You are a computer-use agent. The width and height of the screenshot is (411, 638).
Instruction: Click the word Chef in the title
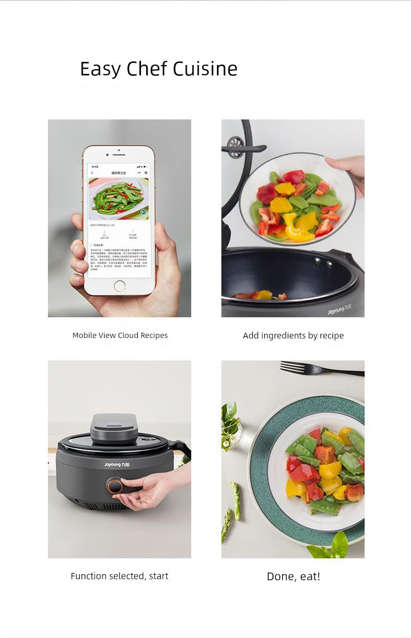[147, 69]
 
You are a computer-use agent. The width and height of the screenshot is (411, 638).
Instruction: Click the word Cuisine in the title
[205, 69]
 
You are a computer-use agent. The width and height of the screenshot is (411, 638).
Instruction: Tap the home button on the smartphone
[119, 285]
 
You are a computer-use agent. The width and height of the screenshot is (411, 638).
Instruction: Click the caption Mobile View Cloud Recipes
[120, 335]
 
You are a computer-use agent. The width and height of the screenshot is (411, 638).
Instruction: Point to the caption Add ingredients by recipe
[293, 335]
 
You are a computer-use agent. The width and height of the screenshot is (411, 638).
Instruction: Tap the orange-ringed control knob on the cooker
[114, 486]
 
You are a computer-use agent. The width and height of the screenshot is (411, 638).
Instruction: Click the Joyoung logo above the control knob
[120, 464]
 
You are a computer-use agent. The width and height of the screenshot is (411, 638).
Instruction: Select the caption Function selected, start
[120, 576]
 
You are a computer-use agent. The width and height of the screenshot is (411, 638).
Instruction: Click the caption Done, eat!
[293, 576]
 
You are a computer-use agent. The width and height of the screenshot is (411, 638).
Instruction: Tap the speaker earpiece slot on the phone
[119, 154]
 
